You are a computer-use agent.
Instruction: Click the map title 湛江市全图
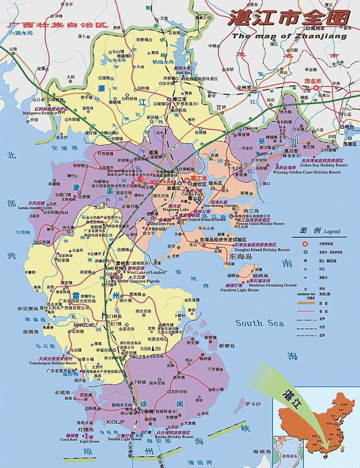[288, 19]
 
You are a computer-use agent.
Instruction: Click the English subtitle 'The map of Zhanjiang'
[289, 36]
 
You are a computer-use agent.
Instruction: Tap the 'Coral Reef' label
[68, 440]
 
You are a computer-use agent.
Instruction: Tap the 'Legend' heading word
[332, 232]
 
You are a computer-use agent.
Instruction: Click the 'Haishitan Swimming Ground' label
[275, 285]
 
